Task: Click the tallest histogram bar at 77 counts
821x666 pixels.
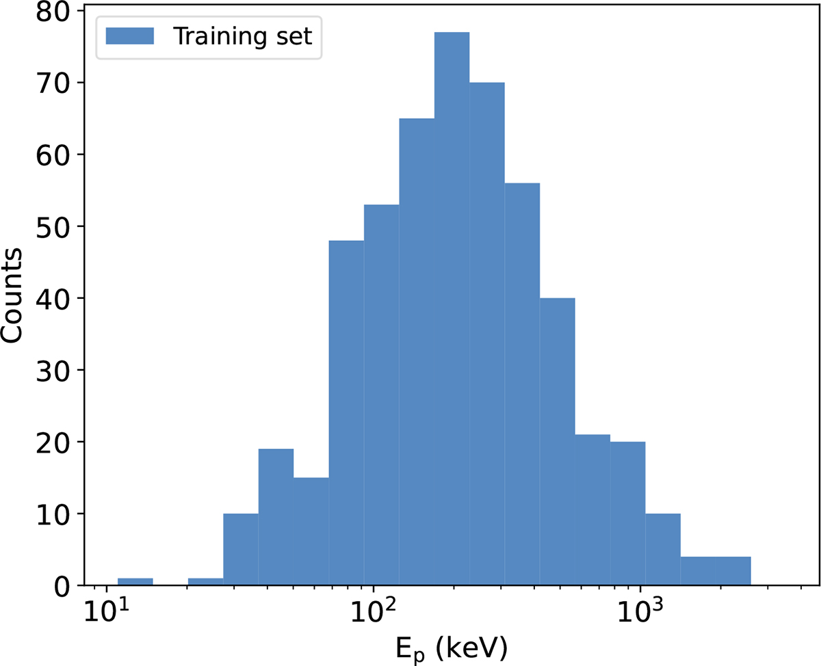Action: coord(452,308)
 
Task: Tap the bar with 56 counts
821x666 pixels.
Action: coord(522,384)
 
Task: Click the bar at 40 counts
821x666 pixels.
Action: coord(558,441)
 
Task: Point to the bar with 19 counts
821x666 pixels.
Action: coord(276,517)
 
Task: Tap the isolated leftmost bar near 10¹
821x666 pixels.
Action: coord(135,582)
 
